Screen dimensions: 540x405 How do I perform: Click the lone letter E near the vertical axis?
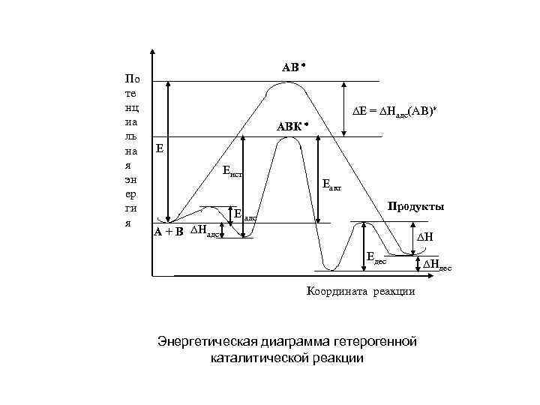pyautogui.click(x=159, y=148)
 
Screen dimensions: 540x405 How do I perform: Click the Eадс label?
pyautogui.click(x=245, y=216)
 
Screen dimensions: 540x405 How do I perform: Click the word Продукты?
pyautogui.click(x=415, y=206)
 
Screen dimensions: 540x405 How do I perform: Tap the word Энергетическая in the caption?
pyautogui.click(x=203, y=343)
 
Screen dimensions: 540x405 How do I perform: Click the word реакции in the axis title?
pyautogui.click(x=392, y=292)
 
